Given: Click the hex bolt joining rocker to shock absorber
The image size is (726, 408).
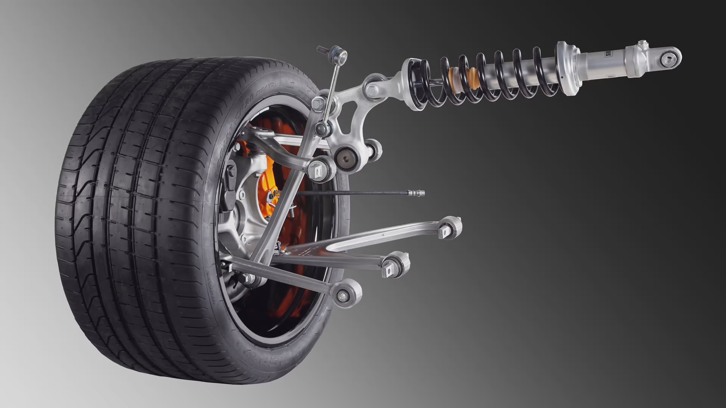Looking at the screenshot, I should click(x=372, y=90).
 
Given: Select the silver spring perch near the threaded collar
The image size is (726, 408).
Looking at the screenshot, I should click(x=567, y=68).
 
